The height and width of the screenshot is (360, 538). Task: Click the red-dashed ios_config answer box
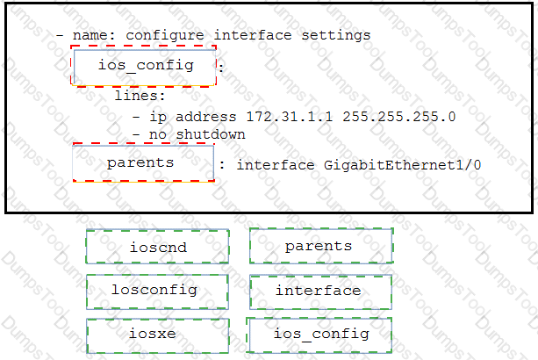[143, 66]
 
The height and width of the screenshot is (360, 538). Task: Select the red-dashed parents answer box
[143, 162]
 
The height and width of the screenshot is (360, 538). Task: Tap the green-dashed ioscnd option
[157, 247]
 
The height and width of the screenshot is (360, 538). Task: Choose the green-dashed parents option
[321, 246]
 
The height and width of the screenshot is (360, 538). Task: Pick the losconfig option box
[157, 292]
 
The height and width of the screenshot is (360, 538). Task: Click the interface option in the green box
[321, 292]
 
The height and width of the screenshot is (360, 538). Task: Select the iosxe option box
[157, 335]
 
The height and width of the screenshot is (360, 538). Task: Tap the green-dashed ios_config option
[319, 335]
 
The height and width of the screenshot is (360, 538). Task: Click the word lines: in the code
[140, 96]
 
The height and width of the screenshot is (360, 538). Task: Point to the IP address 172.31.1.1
[290, 117]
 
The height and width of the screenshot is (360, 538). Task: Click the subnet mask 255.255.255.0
[398, 117]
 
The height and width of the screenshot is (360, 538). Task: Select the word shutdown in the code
[211, 134]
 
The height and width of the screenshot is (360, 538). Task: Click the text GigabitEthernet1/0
[402, 165]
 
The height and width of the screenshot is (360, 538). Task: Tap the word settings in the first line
[336, 35]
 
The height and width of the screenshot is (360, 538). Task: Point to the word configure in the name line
[165, 35]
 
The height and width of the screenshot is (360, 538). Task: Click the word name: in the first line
[94, 35]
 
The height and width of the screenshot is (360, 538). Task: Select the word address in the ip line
[206, 117]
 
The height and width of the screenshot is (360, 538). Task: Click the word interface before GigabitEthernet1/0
[276, 165]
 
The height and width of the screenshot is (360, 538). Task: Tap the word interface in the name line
[253, 35]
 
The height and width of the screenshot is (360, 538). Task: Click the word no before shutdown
[157, 134]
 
